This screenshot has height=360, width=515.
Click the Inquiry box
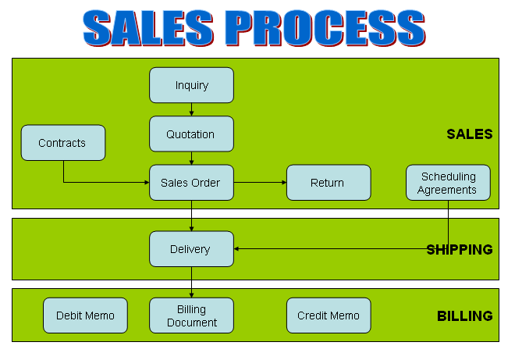click(x=191, y=85)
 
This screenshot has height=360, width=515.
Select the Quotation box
click(x=191, y=134)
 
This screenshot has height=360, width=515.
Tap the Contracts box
click(x=63, y=143)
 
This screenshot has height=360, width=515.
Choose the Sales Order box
click(x=191, y=183)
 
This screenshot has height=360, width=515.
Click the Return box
click(x=328, y=183)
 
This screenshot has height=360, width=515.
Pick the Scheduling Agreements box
click(x=448, y=183)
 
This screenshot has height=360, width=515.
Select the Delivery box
click(x=191, y=249)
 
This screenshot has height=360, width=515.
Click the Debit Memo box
click(x=85, y=315)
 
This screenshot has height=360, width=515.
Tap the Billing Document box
click(x=191, y=315)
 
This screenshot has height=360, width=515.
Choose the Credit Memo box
click(x=328, y=315)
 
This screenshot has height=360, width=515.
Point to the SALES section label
click(x=469, y=134)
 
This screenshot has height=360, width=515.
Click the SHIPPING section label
click(x=460, y=250)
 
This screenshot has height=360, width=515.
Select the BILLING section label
click(x=464, y=316)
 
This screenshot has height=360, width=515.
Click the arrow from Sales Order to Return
click(x=260, y=183)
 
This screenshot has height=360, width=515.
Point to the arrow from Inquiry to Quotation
click(x=191, y=109)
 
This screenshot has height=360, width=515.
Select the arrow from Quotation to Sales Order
click(x=191, y=158)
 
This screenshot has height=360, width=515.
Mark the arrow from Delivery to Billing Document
click(x=191, y=282)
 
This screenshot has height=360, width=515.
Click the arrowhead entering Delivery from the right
click(x=237, y=249)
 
